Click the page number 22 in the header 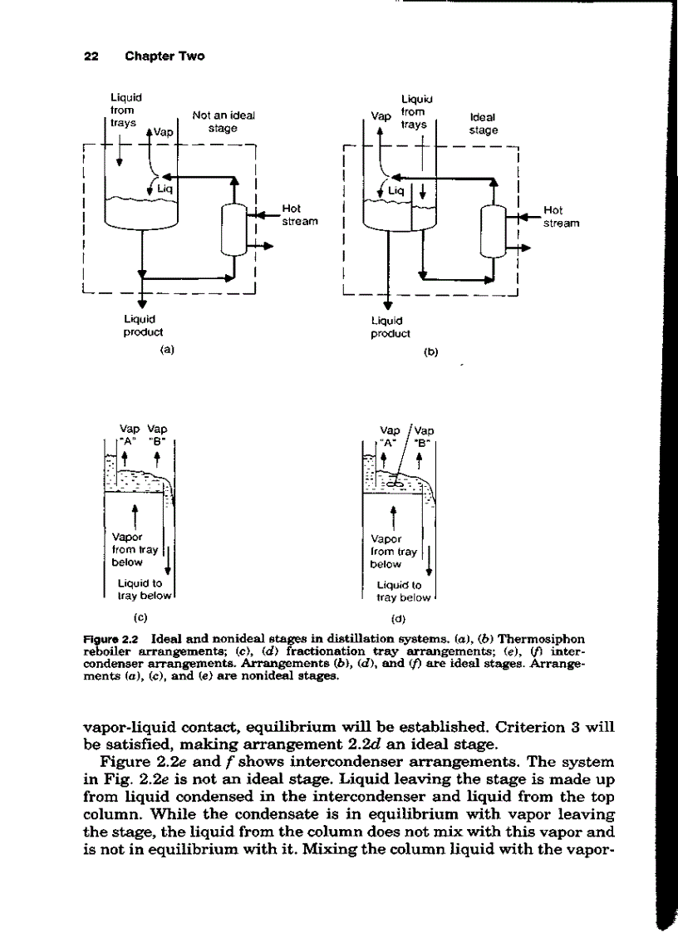pyautogui.click(x=91, y=56)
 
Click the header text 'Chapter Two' pyautogui.click(x=165, y=56)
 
